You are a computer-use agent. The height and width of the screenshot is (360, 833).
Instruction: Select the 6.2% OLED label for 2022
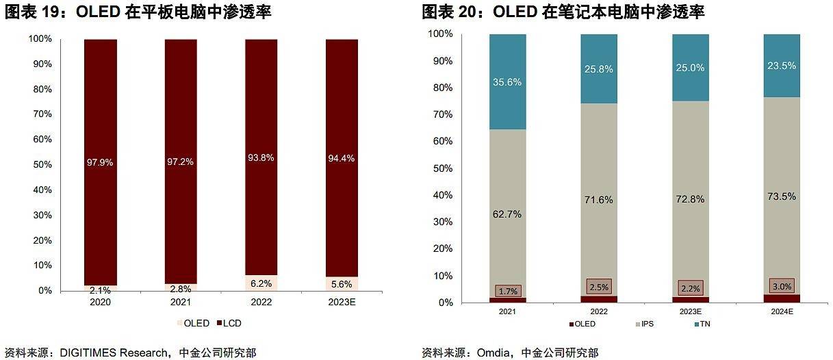261,283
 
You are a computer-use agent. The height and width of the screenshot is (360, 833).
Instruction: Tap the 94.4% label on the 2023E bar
341,159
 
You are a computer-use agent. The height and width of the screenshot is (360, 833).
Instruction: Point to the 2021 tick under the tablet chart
181,302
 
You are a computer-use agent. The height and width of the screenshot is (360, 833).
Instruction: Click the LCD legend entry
229,323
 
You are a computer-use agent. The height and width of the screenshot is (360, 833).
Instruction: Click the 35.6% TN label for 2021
507,82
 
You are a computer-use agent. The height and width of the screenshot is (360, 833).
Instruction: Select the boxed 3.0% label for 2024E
782,286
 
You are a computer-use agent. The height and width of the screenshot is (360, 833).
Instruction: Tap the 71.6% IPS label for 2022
599,200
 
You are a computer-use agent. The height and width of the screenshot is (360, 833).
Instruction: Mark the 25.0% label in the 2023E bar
690,68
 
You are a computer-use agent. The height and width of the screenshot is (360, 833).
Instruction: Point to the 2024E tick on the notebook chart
782,311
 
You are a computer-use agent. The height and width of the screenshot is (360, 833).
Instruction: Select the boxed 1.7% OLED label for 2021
507,291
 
